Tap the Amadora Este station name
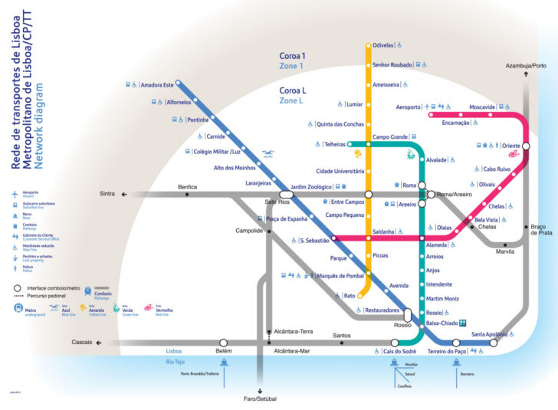pyautogui.click(x=158, y=84)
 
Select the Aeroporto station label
pyautogui.click(x=409, y=107)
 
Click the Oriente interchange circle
pyautogui.click(x=527, y=146)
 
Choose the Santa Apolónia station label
pyautogui.click(x=488, y=334)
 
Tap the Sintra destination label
pyautogui.click(x=107, y=194)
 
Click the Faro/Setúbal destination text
pyautogui.click(x=261, y=399)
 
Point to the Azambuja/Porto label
pyautogui.click(x=526, y=66)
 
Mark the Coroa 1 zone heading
pyautogui.click(x=292, y=56)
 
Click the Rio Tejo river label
pyautogui.click(x=176, y=361)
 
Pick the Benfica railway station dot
pyautogui.click(x=187, y=195)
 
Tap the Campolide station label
pyautogui.click(x=249, y=231)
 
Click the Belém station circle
pyautogui.click(x=223, y=343)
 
